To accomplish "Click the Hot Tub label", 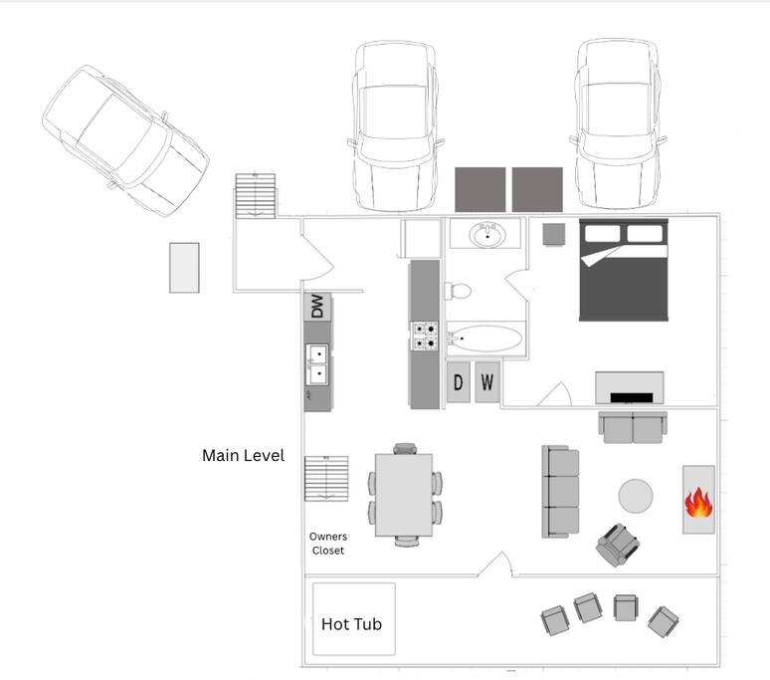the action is (351, 624).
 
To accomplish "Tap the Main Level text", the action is (243, 455).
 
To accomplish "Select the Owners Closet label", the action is (328, 544).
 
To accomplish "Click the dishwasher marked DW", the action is (317, 307).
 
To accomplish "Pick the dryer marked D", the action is (459, 382).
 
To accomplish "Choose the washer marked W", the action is (487, 382).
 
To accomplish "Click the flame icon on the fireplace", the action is (698, 502).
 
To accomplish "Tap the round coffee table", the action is (636, 496).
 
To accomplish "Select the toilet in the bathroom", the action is (458, 291).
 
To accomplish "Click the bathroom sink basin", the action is (487, 235).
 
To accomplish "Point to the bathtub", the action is (484, 339).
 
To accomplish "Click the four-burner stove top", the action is (425, 336).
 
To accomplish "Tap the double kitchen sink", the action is (317, 364).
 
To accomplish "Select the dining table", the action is (404, 495).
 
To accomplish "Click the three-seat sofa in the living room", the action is (560, 492).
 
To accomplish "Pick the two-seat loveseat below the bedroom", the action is (633, 427).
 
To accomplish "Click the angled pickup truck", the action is (125, 140).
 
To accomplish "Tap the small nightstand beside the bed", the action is (554, 234).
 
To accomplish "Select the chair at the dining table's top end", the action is (405, 449).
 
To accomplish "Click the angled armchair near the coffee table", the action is (617, 545).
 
